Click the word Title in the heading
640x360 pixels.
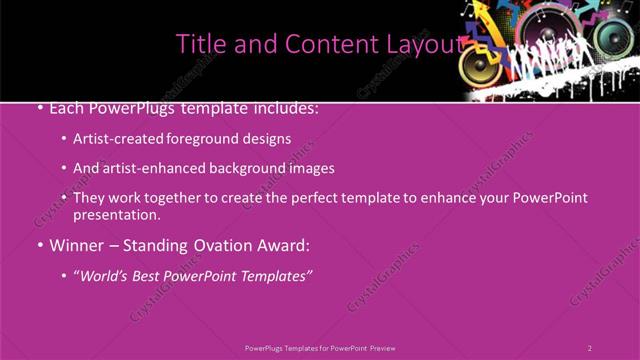pyautogui.click(x=198, y=44)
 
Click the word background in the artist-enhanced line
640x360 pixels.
pyautogui.click(x=244, y=169)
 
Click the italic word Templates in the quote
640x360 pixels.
pyautogui.click(x=273, y=275)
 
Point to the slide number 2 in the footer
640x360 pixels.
pyautogui.click(x=589, y=348)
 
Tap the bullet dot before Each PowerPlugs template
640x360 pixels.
pyautogui.click(x=40, y=107)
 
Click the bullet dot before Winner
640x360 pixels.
pyautogui.click(x=40, y=245)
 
